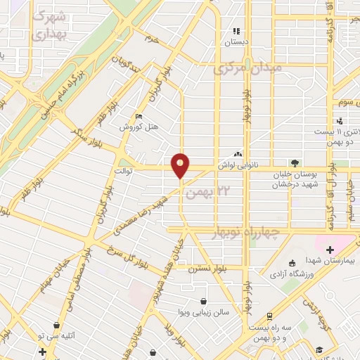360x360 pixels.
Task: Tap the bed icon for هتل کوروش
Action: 138,117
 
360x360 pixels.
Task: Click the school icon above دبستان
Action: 236,32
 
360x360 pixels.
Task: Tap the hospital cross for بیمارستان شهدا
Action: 330,249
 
